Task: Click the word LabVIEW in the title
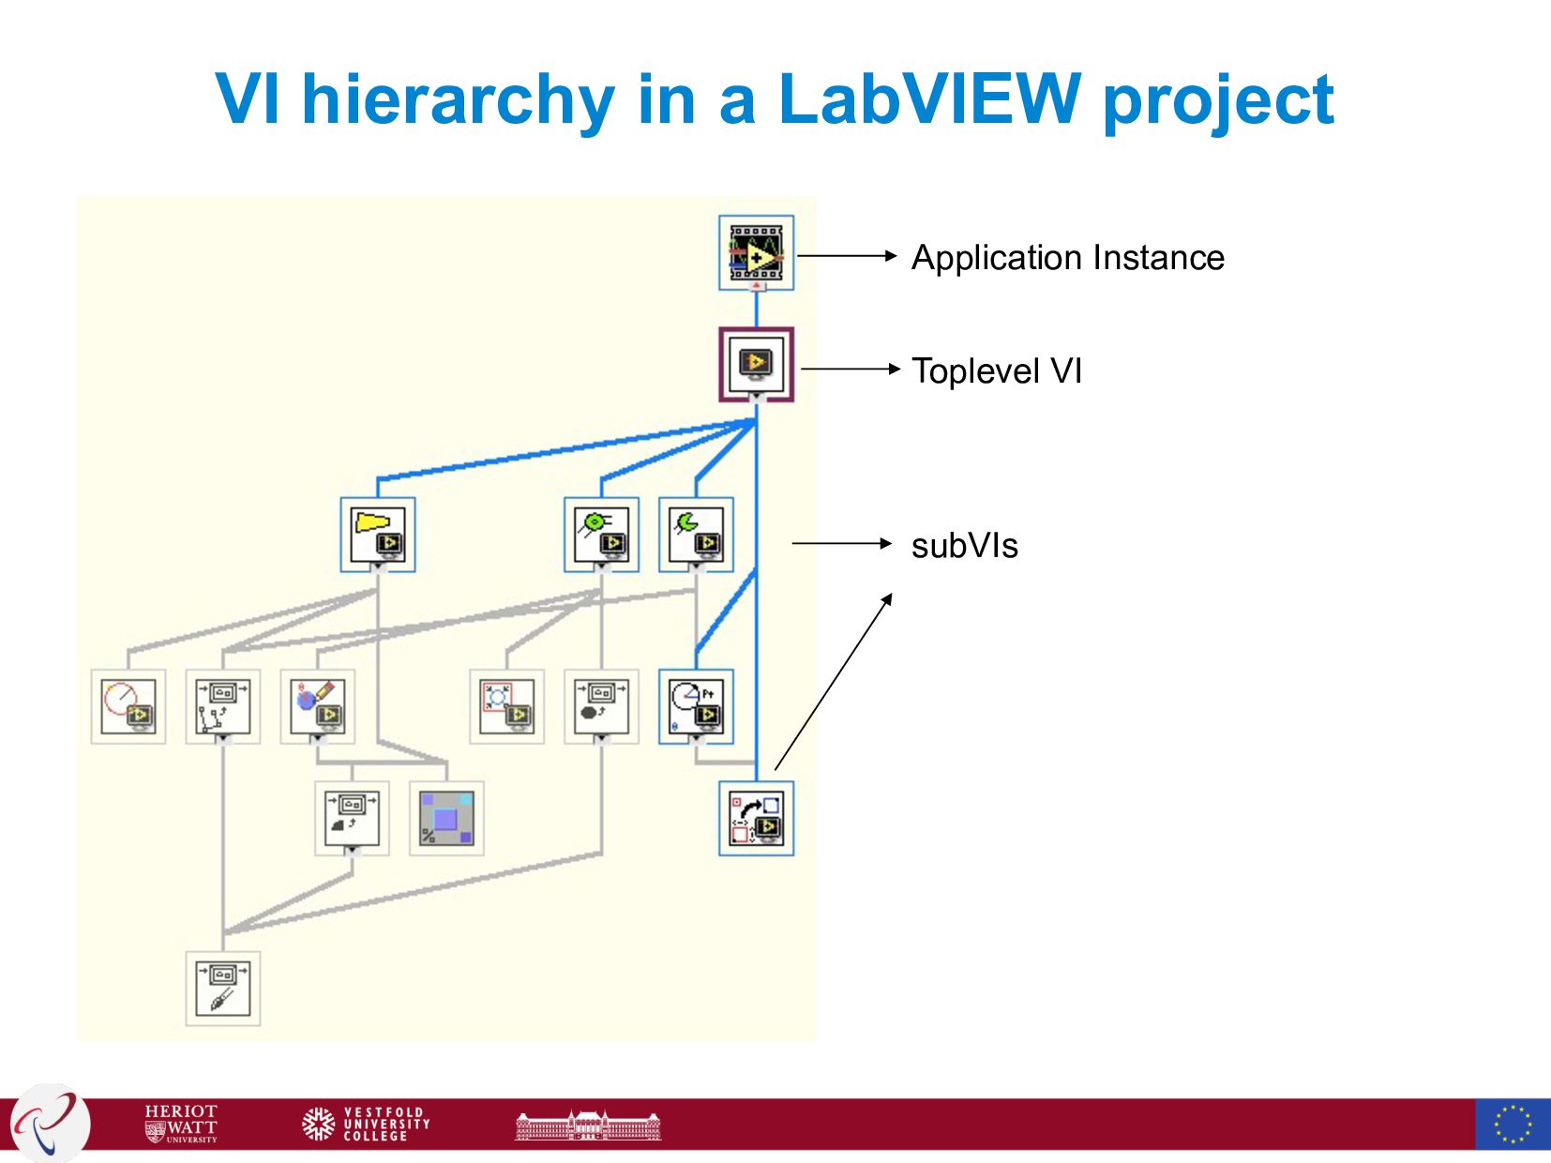[x=928, y=98]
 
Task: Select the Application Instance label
[x=1067, y=258]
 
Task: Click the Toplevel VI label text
[x=996, y=371]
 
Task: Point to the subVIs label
[x=964, y=546]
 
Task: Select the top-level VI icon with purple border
[x=756, y=365]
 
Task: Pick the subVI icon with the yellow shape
[x=377, y=535]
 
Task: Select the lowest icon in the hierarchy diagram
[x=222, y=989]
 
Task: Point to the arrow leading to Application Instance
[x=846, y=255]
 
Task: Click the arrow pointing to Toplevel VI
[x=850, y=370]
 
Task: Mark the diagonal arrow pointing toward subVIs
[x=833, y=683]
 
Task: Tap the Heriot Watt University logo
[x=181, y=1123]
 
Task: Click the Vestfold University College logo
[x=367, y=1123]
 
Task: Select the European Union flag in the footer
[x=1512, y=1123]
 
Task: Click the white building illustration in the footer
[x=588, y=1124]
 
